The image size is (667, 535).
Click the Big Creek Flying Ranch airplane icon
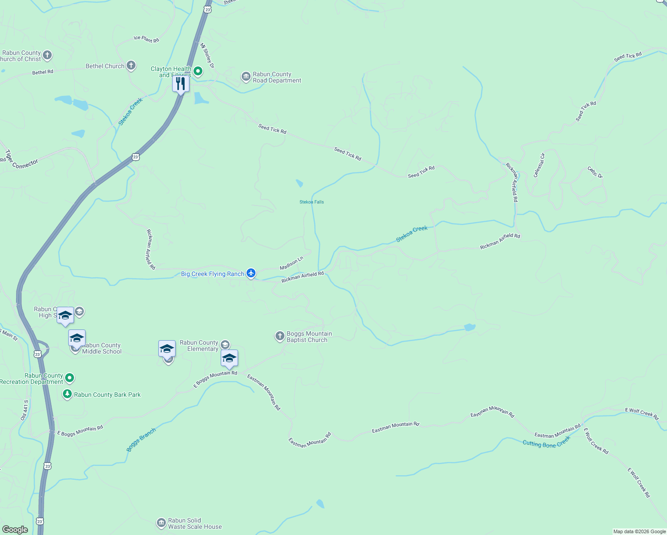tap(251, 273)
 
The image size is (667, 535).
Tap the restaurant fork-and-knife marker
tap(181, 83)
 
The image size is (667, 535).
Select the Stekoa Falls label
tap(312, 202)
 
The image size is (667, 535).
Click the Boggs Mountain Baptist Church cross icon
tap(280, 336)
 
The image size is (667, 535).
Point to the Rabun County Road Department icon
tap(246, 77)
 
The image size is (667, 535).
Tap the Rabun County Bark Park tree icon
tap(67, 394)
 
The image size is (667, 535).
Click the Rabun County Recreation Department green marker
tap(70, 378)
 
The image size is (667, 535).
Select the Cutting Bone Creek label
tap(546, 442)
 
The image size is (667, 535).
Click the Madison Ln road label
tap(292, 263)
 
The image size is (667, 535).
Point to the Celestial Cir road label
tap(539, 165)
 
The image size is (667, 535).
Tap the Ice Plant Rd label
tap(146, 39)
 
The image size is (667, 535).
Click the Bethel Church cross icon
tap(131, 66)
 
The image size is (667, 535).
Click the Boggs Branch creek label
tap(141, 440)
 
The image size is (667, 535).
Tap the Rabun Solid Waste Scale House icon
tap(161, 523)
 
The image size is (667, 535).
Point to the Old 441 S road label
tap(25, 410)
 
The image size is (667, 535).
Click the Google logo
tap(15, 530)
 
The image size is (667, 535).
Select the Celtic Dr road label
tap(595, 172)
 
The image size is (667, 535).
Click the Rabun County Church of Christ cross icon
tap(47, 56)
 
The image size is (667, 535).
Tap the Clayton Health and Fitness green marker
tap(198, 71)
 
